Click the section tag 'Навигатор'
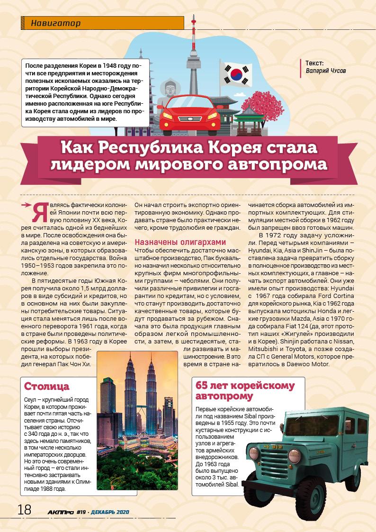pyautogui.click(x=55, y=23)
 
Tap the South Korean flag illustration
pyautogui.click(x=235, y=73)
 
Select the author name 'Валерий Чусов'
pyautogui.click(x=326, y=71)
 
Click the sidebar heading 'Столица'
pyautogui.click(x=46, y=386)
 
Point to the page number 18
pyautogui.click(x=24, y=509)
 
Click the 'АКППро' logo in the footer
pyautogui.click(x=60, y=512)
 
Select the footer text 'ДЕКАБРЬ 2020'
pyautogui.click(x=110, y=512)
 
